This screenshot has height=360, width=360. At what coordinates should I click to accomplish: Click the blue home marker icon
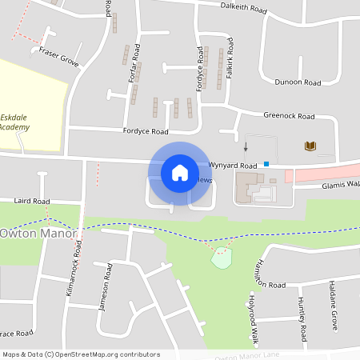[180, 172]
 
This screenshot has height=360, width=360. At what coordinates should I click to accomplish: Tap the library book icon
[310, 146]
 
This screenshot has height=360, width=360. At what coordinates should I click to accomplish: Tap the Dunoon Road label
[297, 82]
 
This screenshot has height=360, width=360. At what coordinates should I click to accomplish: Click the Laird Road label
[32, 201]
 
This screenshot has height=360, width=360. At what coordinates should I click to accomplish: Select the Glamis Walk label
[341, 184]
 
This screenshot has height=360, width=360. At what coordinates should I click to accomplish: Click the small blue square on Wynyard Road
[266, 164]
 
